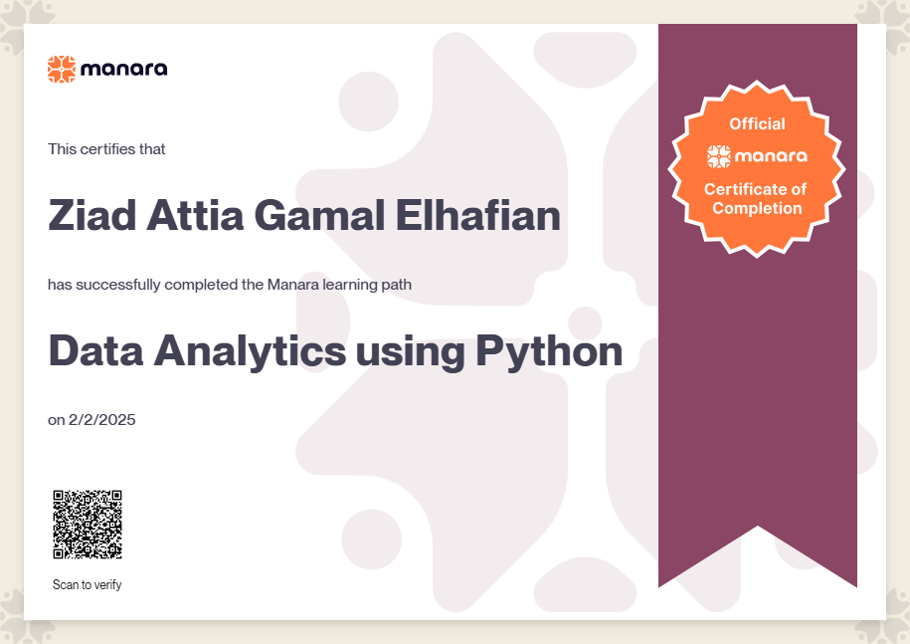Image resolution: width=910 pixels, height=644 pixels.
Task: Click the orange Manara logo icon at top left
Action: [62, 69]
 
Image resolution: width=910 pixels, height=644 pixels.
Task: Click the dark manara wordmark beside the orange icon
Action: [124, 69]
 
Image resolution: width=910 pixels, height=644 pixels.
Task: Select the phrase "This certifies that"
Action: [106, 149]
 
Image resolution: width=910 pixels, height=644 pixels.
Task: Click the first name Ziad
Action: [92, 215]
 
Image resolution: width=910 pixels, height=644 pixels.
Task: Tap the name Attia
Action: [195, 215]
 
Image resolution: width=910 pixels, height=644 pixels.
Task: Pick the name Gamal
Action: [320, 215]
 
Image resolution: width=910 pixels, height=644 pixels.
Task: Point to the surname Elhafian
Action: [478, 215]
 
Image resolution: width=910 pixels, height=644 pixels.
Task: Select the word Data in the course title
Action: [95, 350]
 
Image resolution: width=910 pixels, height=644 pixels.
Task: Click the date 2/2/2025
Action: [102, 420]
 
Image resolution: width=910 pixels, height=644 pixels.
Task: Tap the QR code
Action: [88, 525]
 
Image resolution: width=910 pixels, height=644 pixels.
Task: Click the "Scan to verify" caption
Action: [88, 584]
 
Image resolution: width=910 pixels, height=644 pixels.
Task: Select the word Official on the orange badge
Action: [757, 123]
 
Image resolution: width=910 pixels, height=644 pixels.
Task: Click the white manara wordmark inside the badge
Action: [771, 156]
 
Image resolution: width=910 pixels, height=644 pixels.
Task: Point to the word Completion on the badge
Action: [757, 208]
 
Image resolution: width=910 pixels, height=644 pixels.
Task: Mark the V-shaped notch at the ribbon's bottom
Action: [758, 527]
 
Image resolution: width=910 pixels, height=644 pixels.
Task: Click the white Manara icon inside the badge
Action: [718, 156]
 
